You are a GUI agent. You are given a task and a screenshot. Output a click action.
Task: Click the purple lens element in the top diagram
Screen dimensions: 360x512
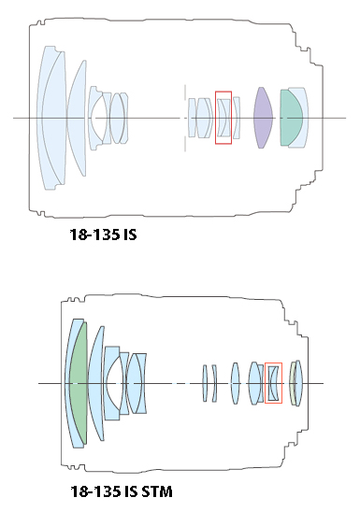pos(263,118)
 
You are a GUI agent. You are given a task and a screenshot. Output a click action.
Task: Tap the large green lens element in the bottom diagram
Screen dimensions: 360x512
pos(79,383)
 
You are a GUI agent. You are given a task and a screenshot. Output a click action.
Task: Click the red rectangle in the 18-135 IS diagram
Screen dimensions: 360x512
pos(223,92)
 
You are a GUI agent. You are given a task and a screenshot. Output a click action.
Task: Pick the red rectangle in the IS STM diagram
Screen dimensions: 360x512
pos(273,363)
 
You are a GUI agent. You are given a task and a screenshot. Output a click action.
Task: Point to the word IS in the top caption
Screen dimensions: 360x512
pos(130,235)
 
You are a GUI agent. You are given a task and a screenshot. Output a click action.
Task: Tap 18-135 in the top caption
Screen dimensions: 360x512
pos(95,235)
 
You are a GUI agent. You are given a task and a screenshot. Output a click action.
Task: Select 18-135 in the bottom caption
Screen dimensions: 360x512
pos(95,491)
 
